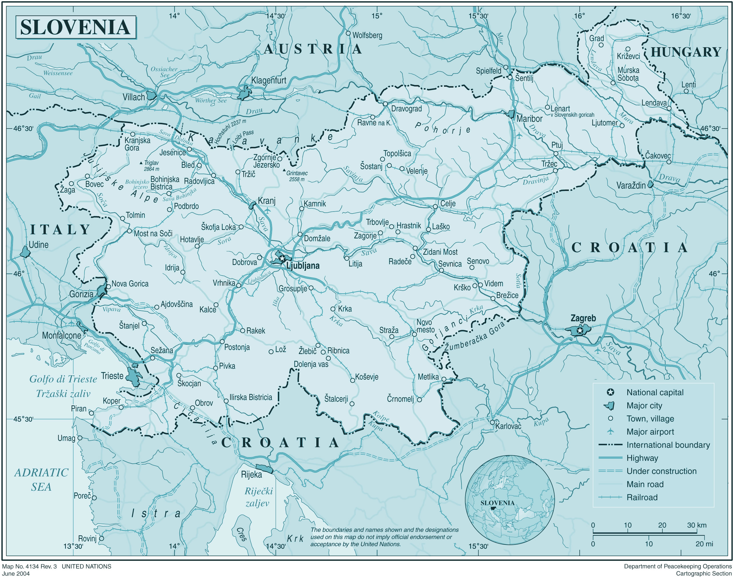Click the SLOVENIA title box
pyautogui.click(x=76, y=27)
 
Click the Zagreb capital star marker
pyautogui.click(x=580, y=330)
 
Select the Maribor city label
pyautogui.click(x=529, y=119)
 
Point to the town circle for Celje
pyautogui.click(x=435, y=206)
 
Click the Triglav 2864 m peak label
pyautogui.click(x=151, y=166)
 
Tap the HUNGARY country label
pyautogui.click(x=686, y=52)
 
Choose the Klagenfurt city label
pyautogui.click(x=269, y=80)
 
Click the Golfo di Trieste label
pyautogui.click(x=63, y=379)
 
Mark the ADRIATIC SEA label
pyautogui.click(x=41, y=480)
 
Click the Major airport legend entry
pyautogui.click(x=650, y=432)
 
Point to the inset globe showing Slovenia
pyautogui.click(x=510, y=500)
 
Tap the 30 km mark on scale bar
pyautogui.click(x=696, y=526)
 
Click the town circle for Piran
pyautogui.click(x=91, y=413)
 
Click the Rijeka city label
pyautogui.click(x=251, y=474)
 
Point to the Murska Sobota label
pyautogui.click(x=628, y=74)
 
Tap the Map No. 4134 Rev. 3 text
pyautogui.click(x=29, y=567)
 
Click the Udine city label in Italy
pyautogui.click(x=38, y=245)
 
